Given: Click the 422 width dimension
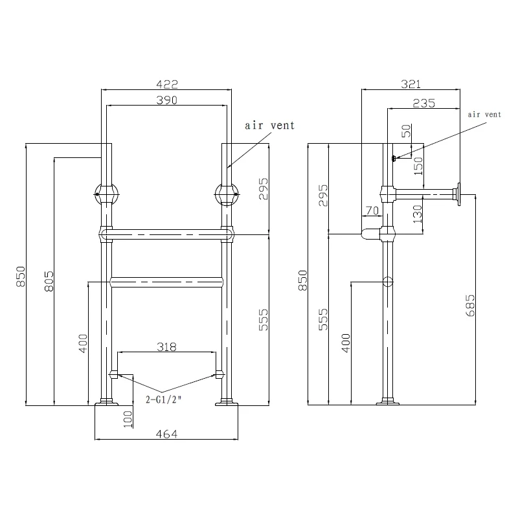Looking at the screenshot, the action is pos(167,84).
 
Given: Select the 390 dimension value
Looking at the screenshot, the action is pos(167,100).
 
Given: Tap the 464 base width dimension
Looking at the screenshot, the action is pos(166,434).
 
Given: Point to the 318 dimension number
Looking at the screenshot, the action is pos(166,347).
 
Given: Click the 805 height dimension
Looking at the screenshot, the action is pos(49,281).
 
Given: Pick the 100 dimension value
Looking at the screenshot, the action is pos(128,419).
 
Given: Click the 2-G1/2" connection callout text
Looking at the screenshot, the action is pos(164,400).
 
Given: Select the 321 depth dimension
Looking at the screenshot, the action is pos(411,84).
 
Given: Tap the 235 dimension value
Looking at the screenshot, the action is pos(424,104).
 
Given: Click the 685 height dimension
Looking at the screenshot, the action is pos(470,306).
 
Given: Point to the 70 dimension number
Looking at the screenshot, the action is pos(372,210).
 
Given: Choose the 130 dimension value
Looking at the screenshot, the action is pos(418,214).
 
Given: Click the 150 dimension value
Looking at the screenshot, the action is pos(418,166).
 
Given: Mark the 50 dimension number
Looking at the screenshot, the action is pos(407,131).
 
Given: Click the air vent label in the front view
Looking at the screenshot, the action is pos(269,126).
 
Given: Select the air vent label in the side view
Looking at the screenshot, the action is pos(484,115).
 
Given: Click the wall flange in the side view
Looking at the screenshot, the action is pos(458,194).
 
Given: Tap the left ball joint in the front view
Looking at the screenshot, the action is pos(106,194).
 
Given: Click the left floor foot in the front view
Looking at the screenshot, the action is pos(106,401).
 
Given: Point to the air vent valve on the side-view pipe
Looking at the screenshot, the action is pos(394,158).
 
